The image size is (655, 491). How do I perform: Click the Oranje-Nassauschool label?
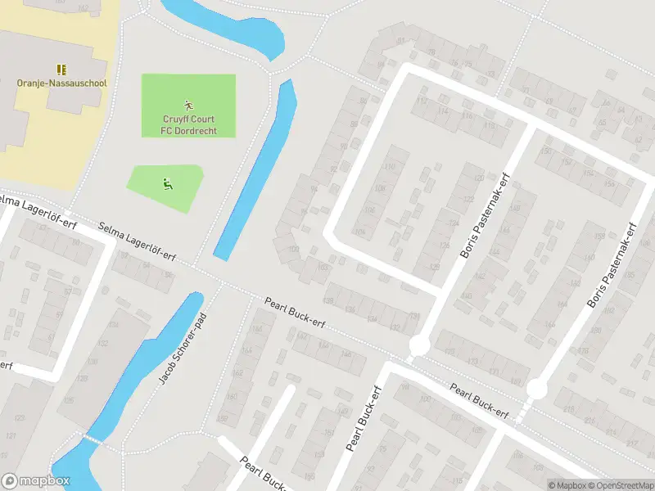(x=61, y=83)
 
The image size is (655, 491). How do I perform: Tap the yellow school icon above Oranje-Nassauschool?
(x=61, y=69)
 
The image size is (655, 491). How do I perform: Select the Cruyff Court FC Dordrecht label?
(x=189, y=124)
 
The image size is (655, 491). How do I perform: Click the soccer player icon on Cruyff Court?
(x=189, y=105)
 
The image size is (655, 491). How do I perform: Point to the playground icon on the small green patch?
(x=166, y=183)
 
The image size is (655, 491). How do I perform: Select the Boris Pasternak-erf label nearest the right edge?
(x=611, y=265)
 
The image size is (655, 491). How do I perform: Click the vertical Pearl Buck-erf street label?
(x=364, y=419)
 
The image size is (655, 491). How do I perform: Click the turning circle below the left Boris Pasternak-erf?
(x=418, y=345)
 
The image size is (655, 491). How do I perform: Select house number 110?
(x=389, y=167)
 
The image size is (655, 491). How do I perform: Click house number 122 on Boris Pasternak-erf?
(x=468, y=199)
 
